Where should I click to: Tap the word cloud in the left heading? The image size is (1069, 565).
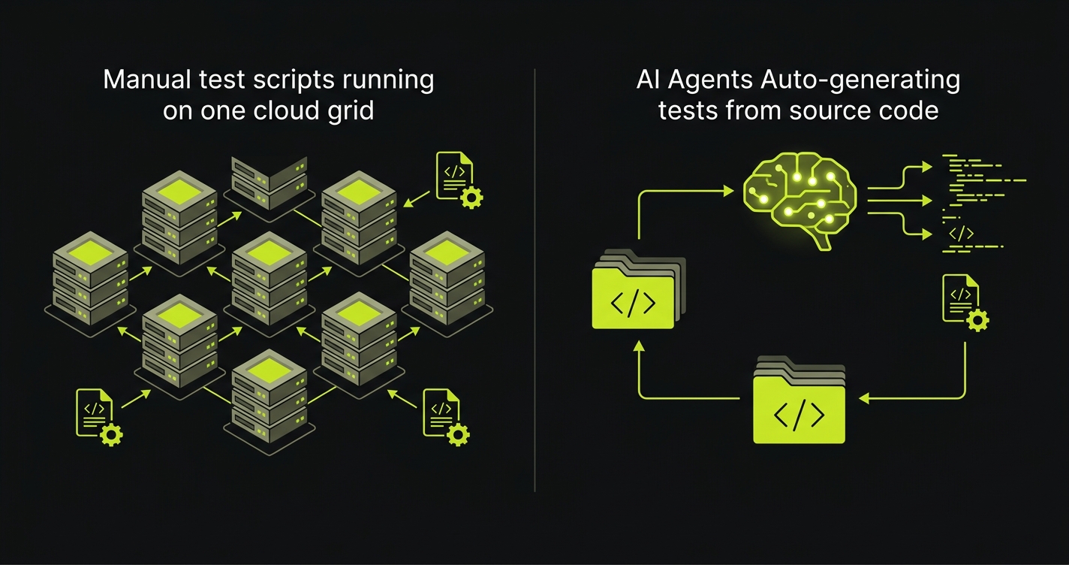tap(281, 110)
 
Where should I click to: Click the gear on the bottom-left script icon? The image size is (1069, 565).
tap(111, 434)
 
